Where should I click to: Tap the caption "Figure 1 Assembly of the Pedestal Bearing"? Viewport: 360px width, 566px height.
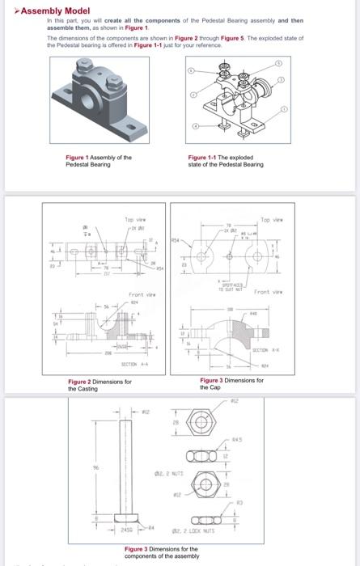click(x=98, y=160)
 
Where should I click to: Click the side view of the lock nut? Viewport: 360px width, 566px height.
click(x=199, y=518)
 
